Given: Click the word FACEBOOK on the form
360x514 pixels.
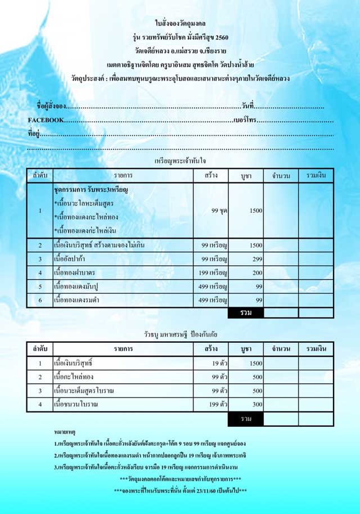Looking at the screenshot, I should tap(46, 120).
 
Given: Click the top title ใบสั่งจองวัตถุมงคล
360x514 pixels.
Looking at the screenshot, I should tap(180, 23).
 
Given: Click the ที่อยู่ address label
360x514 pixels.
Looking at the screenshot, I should tap(34, 134).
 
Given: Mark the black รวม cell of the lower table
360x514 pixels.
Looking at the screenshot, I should tap(246, 419).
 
